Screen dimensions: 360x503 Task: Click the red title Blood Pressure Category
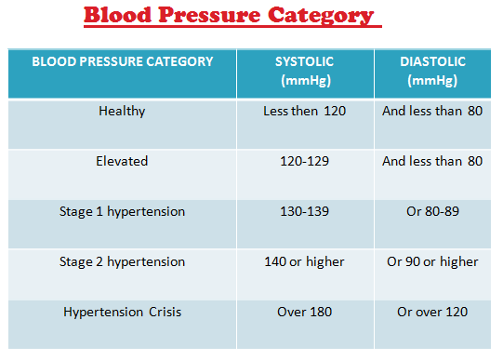pyautogui.click(x=229, y=16)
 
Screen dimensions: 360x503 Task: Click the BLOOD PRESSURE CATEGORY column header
pyautogui.click(x=123, y=62)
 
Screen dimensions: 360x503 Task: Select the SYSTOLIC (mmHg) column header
pyautogui.click(x=304, y=71)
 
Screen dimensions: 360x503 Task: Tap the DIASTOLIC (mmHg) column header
pyautogui.click(x=432, y=71)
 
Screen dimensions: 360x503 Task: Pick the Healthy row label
pyautogui.click(x=122, y=112)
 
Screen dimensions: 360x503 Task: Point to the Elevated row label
pyautogui.click(x=122, y=162)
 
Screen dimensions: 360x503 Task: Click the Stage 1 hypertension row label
pyautogui.click(x=122, y=212)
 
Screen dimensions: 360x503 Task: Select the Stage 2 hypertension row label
pyautogui.click(x=122, y=262)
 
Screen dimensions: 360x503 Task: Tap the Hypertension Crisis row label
pyautogui.click(x=122, y=313)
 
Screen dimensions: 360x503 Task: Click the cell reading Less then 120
pyautogui.click(x=304, y=112)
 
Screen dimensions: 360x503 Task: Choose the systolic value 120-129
pyautogui.click(x=304, y=162)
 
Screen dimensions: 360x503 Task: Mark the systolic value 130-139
pyautogui.click(x=304, y=212)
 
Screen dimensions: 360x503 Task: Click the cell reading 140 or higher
pyautogui.click(x=304, y=262)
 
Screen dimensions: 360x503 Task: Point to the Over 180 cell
pyautogui.click(x=304, y=313)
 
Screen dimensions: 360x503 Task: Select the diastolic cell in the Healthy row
pyautogui.click(x=432, y=112)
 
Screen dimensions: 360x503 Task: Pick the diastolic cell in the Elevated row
pyautogui.click(x=432, y=162)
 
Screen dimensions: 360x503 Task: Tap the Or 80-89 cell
pyautogui.click(x=432, y=212)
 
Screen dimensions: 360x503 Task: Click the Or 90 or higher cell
pyautogui.click(x=432, y=262)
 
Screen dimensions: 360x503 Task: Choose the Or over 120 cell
pyautogui.click(x=432, y=313)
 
